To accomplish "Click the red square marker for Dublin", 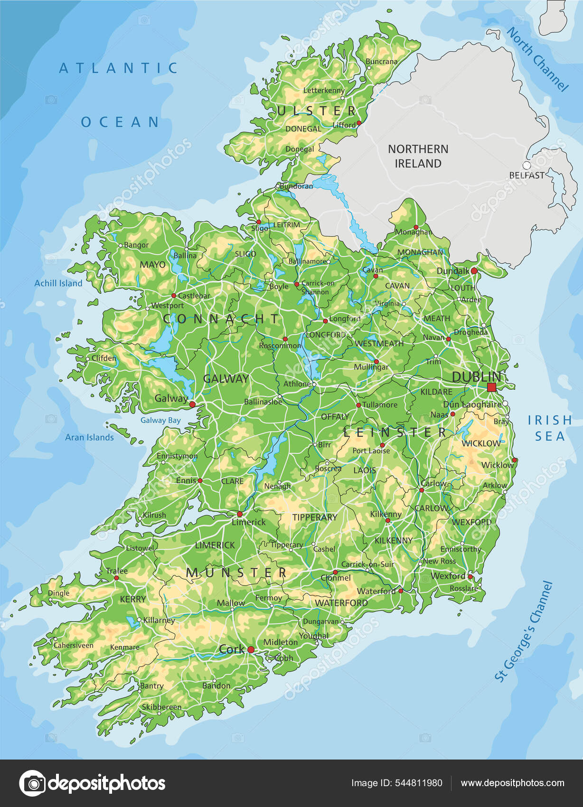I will (491, 387).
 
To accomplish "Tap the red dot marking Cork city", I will (251, 650).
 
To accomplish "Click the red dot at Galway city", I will (192, 404).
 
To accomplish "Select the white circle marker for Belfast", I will (527, 165).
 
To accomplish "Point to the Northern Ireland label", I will (418, 156).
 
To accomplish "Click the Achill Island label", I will (58, 283).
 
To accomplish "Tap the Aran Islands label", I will (89, 438).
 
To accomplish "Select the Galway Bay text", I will (160, 420).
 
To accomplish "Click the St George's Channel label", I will (524, 631).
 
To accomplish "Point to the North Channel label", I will (537, 59).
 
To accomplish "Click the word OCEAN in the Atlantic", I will (120, 122).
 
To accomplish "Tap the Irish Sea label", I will (550, 428).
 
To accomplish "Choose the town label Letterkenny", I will (324, 90).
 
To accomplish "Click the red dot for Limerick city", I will (240, 514).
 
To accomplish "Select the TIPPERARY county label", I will (314, 517).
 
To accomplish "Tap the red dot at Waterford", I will (401, 591).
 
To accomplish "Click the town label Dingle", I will (58, 593).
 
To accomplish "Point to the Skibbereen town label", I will (161, 707).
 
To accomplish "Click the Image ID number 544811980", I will (396, 783).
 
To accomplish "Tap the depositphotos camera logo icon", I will (32, 783).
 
